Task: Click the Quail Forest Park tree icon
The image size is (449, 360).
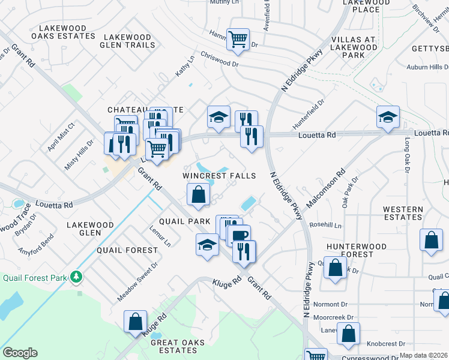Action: tap(76, 277)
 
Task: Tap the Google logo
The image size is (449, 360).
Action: tap(20, 353)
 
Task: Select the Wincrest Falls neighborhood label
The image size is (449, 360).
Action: tap(219, 176)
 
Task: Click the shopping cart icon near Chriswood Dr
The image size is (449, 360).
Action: tap(238, 40)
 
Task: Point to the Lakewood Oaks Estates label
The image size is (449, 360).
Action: tap(67, 32)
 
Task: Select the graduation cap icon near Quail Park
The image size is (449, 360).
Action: tap(207, 245)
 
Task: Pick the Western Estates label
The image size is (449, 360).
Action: tap(403, 213)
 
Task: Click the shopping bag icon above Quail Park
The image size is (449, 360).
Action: tap(198, 194)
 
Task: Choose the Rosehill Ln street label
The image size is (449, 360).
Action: tap(325, 226)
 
